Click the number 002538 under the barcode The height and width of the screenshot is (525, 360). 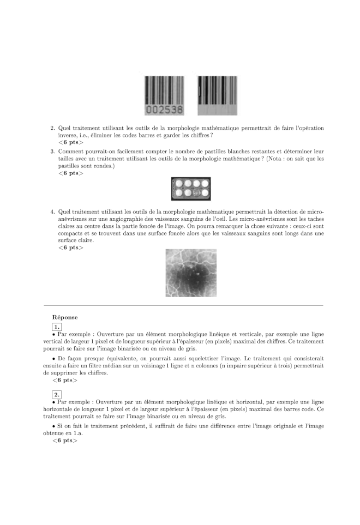[163, 110]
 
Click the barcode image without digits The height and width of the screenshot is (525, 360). [217, 95]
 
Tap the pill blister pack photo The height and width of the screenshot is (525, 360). [190, 189]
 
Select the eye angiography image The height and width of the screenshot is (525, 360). [190, 273]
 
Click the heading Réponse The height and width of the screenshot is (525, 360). [65, 317]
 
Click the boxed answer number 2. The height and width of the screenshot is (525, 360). [56, 394]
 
